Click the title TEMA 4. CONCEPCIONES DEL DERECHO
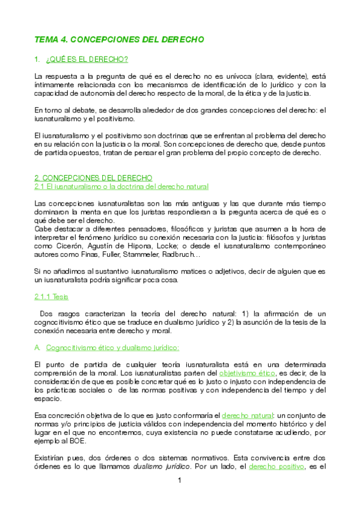point(119,39)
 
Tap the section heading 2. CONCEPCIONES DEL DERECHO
point(93,177)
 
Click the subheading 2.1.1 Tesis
point(47,296)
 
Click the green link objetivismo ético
point(243,373)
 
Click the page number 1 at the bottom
point(179,481)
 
